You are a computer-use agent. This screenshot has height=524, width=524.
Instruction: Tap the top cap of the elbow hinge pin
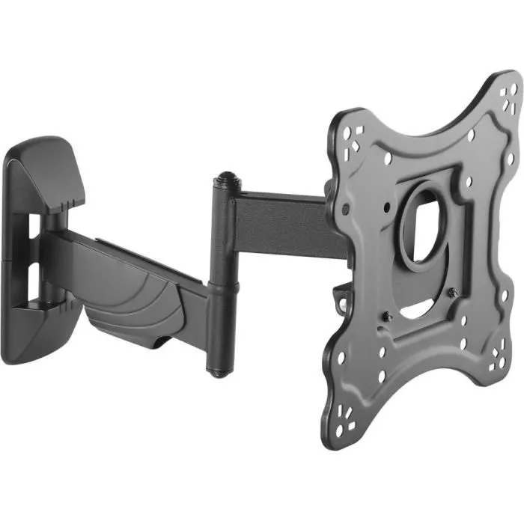coord(222,182)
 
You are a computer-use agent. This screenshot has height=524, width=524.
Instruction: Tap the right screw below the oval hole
coord(453,294)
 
